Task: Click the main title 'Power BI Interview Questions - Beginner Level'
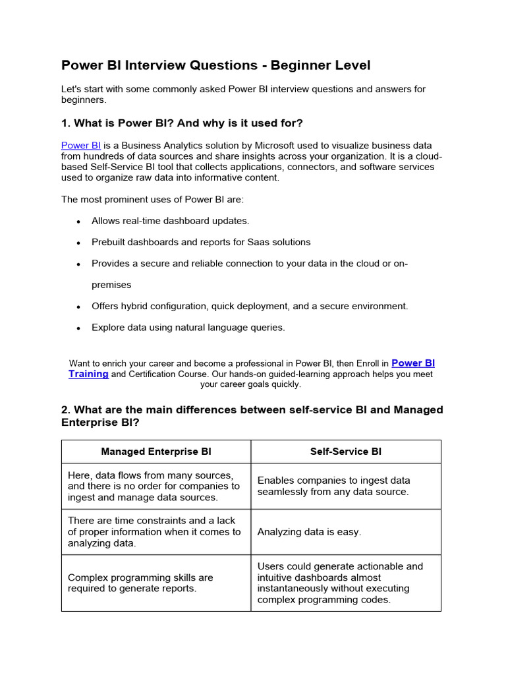(215, 65)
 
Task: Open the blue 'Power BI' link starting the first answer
(80, 145)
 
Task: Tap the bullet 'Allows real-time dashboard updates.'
(170, 221)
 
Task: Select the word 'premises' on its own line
(111, 285)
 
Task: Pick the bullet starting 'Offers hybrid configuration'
(250, 306)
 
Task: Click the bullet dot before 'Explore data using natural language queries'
(78, 328)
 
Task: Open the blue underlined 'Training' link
(88, 374)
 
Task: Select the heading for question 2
(252, 416)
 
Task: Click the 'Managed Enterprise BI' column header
(156, 452)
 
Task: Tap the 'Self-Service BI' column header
(345, 452)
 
